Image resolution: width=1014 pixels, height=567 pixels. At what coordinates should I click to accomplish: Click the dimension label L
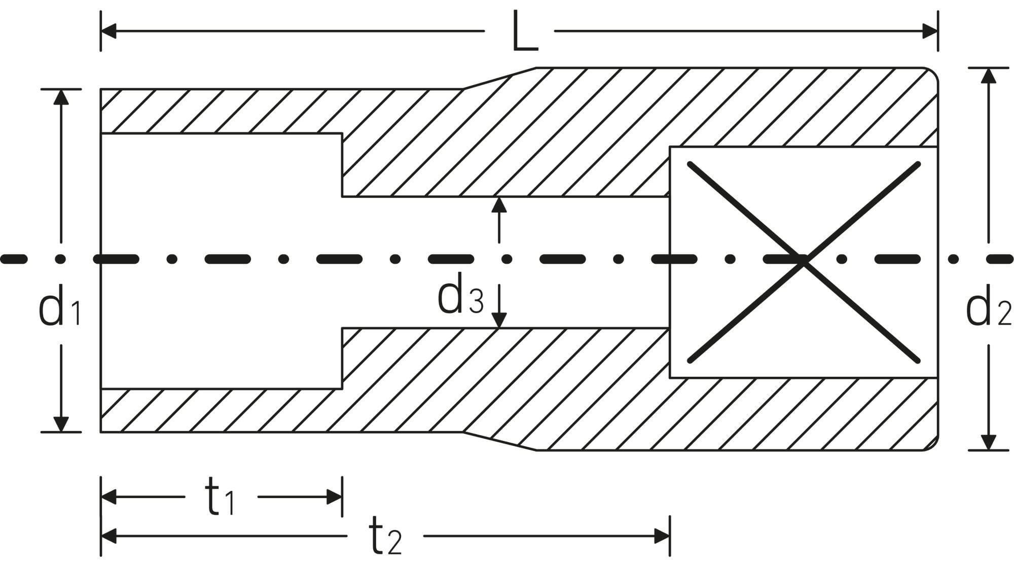click(524, 32)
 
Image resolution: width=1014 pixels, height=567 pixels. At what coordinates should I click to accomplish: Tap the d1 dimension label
click(60, 306)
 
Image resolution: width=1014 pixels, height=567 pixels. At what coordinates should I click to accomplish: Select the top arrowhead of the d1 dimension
click(61, 97)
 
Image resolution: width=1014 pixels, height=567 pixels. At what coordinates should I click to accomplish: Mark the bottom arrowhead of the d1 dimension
click(61, 424)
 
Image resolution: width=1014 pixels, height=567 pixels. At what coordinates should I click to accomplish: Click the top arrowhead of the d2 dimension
click(988, 76)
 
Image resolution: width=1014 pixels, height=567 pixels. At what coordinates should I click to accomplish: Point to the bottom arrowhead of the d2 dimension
click(988, 442)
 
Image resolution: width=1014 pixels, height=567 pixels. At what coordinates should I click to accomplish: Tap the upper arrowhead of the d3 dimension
click(499, 204)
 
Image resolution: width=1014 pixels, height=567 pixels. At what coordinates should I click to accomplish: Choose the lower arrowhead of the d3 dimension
click(499, 321)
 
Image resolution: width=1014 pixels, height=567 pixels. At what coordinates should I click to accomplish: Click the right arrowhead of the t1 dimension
click(334, 497)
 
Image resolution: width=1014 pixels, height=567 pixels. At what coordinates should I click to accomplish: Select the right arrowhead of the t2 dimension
click(662, 536)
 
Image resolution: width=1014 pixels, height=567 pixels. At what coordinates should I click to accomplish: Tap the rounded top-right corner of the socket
click(932, 74)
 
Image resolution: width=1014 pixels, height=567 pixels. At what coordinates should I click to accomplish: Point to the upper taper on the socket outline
click(499, 78)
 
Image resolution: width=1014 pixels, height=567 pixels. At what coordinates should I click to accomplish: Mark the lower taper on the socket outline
click(499, 441)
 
